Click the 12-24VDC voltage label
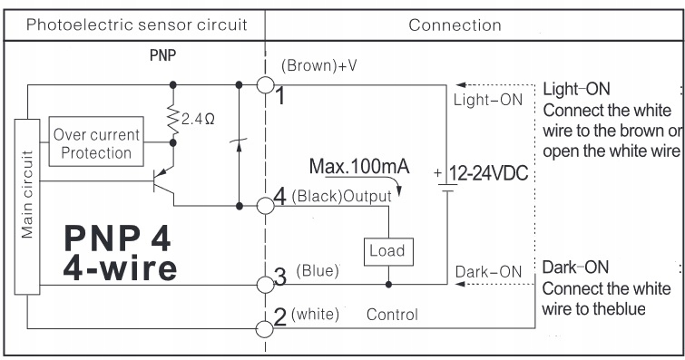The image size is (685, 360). (x=488, y=173)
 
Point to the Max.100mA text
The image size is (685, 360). (x=359, y=167)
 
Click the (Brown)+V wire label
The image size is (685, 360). (x=318, y=65)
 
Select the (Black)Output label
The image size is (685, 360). (x=341, y=196)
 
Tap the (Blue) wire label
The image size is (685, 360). (x=318, y=271)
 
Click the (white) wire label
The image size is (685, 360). (x=315, y=314)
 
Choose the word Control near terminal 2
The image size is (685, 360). (x=392, y=315)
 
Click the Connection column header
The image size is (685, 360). (x=455, y=25)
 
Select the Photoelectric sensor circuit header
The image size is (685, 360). (x=137, y=24)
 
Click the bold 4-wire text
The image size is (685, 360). (x=120, y=268)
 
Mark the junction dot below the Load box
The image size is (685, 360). (x=388, y=285)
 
